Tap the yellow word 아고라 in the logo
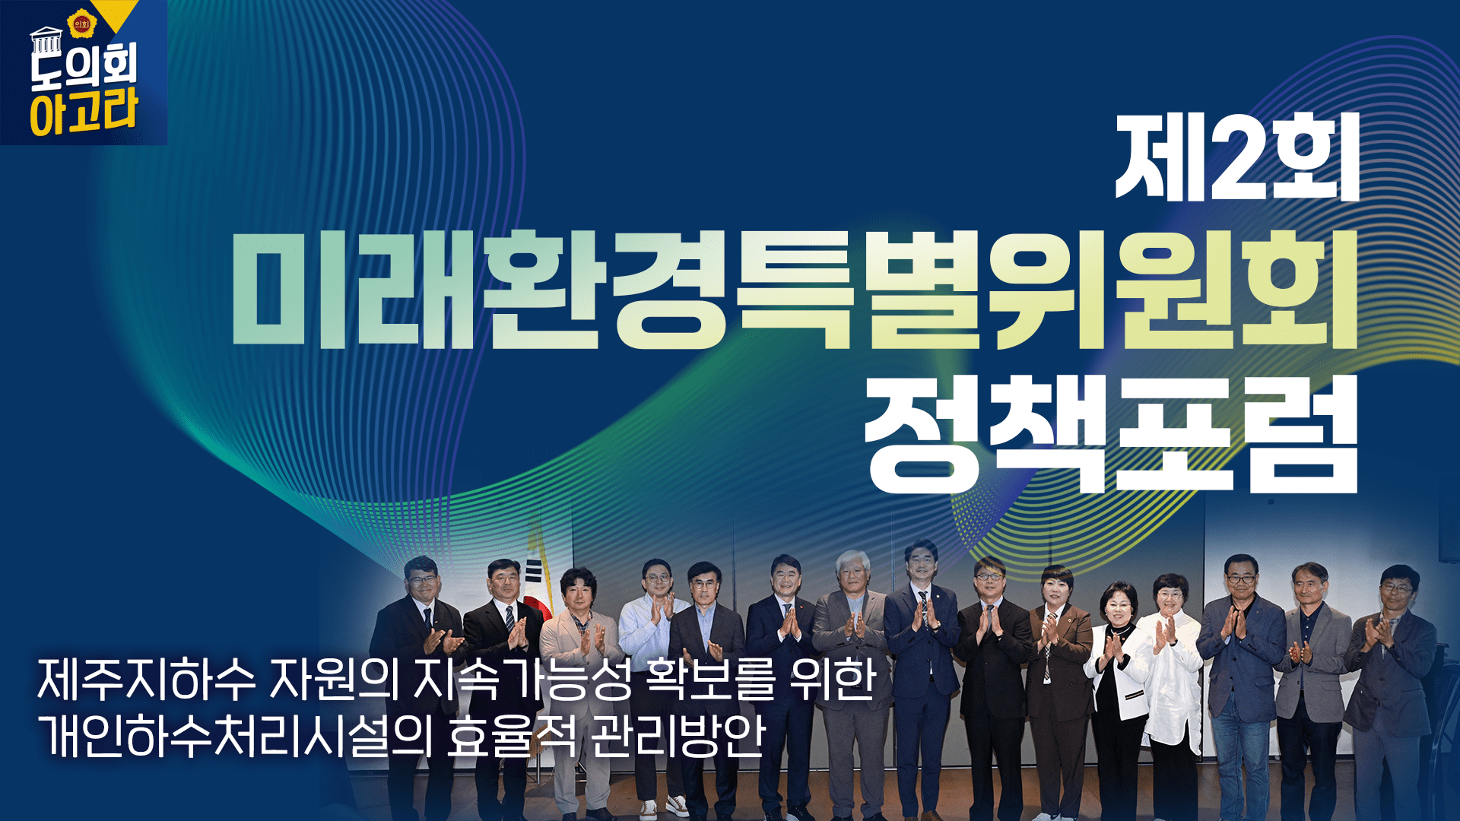click(84, 112)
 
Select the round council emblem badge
click(81, 24)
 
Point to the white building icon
click(46, 40)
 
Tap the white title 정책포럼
click(1112, 434)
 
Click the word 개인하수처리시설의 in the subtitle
click(234, 736)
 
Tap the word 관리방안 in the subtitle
click(677, 736)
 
